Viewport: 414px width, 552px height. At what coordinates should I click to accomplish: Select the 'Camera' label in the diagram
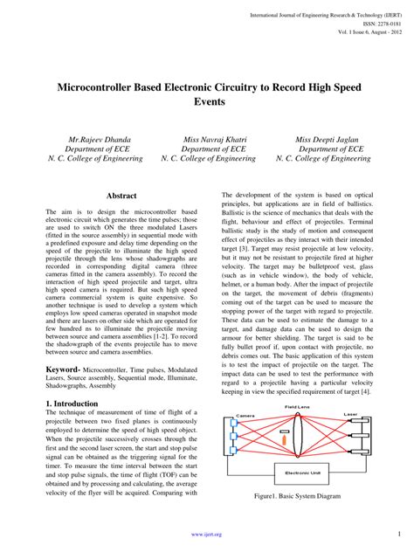coord(245,415)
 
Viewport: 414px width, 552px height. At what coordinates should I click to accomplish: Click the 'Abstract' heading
coord(121,197)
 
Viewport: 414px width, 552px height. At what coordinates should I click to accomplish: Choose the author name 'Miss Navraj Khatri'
coord(208,138)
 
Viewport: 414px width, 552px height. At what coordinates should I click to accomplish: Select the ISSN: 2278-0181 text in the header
coord(379,24)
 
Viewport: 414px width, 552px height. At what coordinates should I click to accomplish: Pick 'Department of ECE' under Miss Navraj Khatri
coord(208,148)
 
